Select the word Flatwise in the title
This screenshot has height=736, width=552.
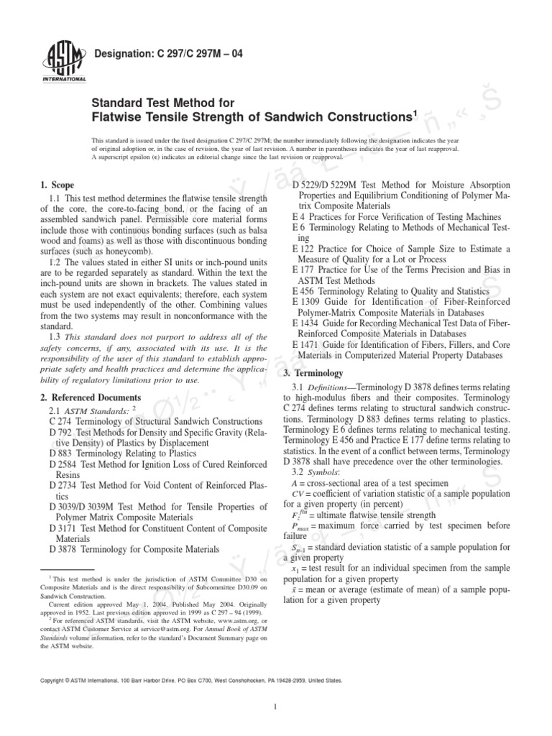point(121,116)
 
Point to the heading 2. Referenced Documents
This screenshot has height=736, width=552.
point(91,397)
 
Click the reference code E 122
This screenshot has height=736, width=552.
point(306,249)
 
